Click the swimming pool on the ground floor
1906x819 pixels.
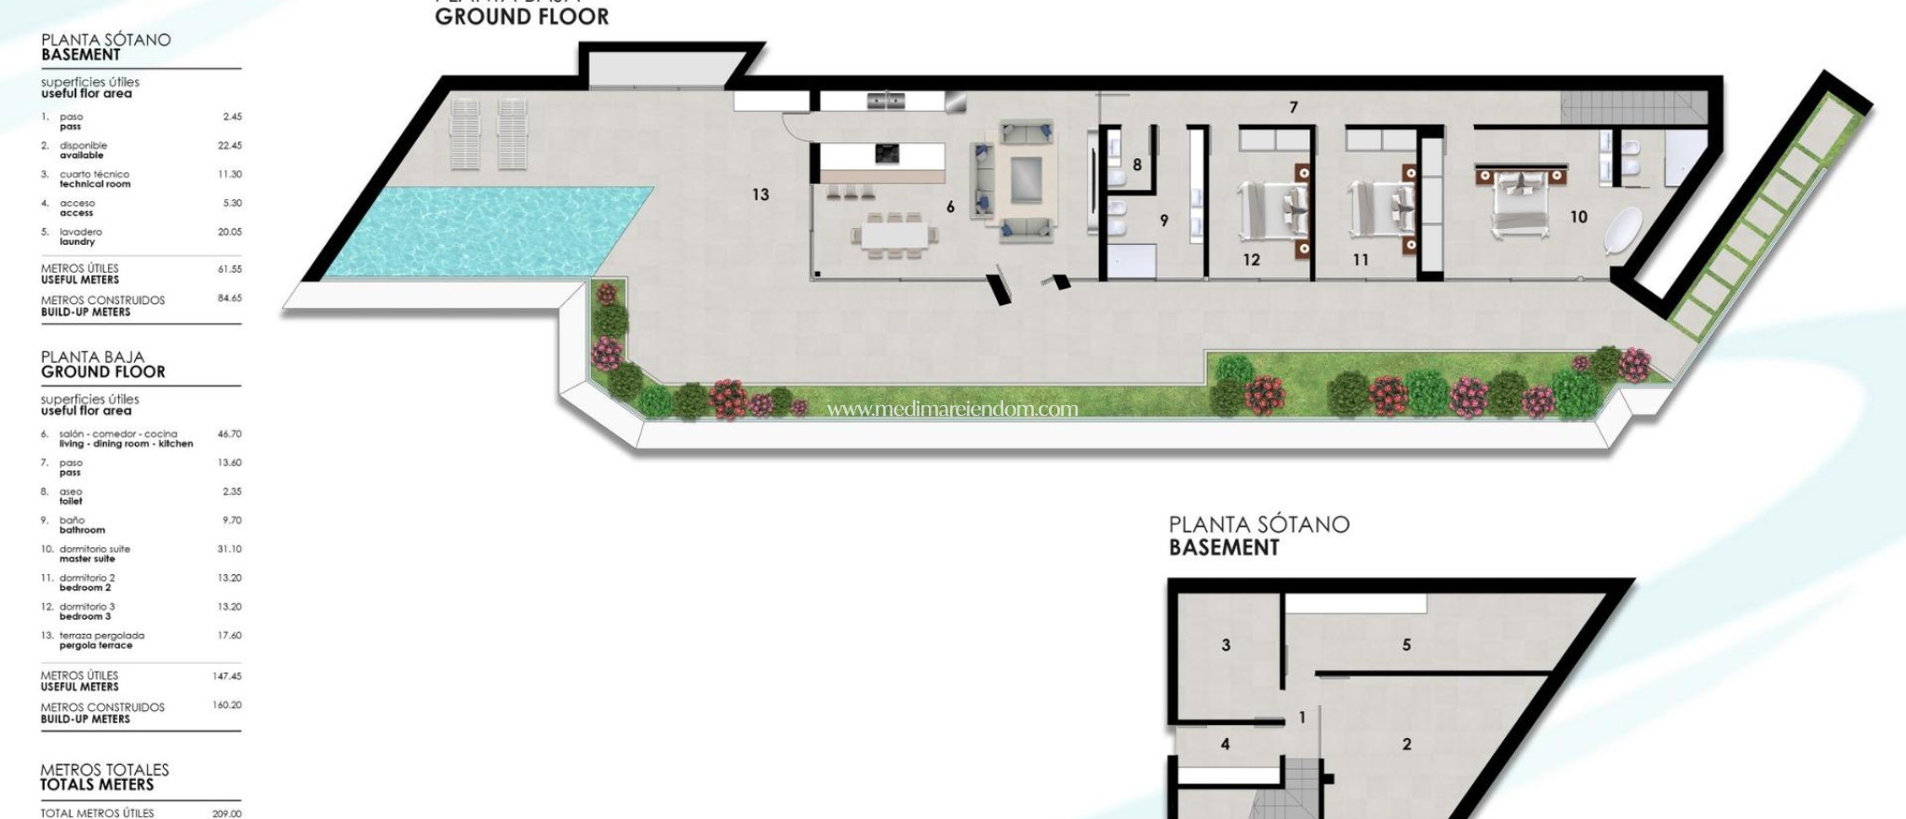click(484, 231)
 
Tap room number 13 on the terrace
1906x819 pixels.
click(760, 195)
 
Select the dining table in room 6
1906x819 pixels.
click(893, 235)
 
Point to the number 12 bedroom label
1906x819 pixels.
click(1251, 260)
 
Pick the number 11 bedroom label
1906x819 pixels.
click(1361, 260)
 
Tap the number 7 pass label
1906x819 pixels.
click(1294, 108)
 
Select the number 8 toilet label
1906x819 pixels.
click(1137, 165)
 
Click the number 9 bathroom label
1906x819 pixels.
click(1163, 221)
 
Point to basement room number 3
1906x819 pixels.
click(1226, 644)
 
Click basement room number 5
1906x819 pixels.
click(1406, 644)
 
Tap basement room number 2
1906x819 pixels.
click(1406, 744)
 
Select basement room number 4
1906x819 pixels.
click(1225, 744)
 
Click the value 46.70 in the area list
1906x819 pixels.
click(229, 434)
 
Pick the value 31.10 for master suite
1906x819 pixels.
click(229, 549)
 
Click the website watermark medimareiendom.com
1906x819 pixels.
click(952, 409)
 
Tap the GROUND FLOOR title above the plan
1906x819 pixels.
click(521, 17)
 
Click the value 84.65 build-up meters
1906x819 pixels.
click(229, 298)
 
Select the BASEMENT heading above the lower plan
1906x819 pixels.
click(1224, 547)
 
